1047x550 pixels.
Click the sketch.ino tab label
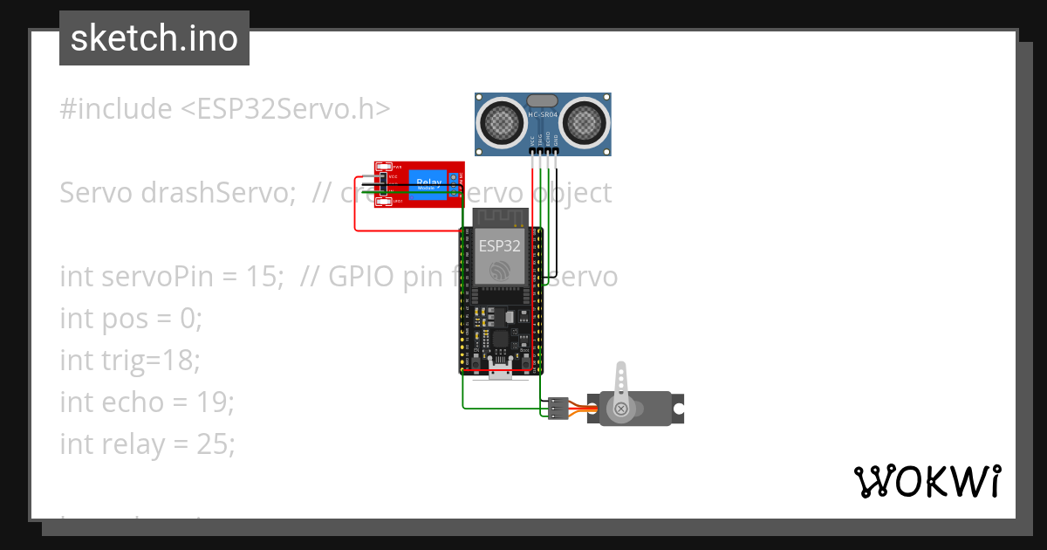pos(154,38)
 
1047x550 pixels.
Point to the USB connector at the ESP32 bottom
pos(501,373)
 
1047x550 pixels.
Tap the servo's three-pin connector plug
pos(558,408)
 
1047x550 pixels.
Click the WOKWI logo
pos(927,481)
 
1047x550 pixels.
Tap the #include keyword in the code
pos(116,109)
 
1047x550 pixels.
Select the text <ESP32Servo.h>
pos(285,109)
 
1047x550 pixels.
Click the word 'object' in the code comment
pos(572,193)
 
